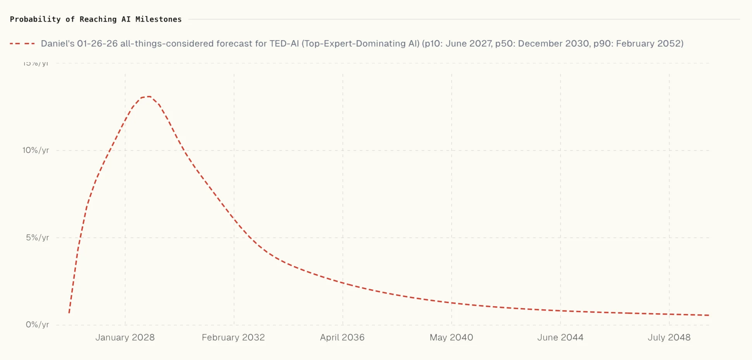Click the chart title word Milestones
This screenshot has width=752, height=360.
[x=158, y=19]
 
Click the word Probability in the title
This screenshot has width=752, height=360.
[x=35, y=19]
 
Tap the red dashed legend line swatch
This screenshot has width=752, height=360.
[x=22, y=44]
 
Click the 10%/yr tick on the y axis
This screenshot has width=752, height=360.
[x=36, y=150]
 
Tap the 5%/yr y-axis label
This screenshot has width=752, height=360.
[x=37, y=238]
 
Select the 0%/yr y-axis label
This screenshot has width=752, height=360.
[x=37, y=325]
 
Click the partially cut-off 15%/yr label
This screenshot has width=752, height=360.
[x=36, y=64]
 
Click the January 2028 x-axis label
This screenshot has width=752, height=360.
[x=125, y=338]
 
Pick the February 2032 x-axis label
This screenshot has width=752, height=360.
[x=233, y=338]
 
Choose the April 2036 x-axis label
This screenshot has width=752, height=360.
[x=342, y=338]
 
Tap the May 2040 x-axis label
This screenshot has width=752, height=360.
[x=451, y=338]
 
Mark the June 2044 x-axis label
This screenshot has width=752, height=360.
[x=560, y=338]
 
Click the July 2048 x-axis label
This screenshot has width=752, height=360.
[x=669, y=338]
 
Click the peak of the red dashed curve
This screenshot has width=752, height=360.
[x=147, y=97]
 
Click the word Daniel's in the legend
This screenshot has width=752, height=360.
[x=58, y=44]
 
